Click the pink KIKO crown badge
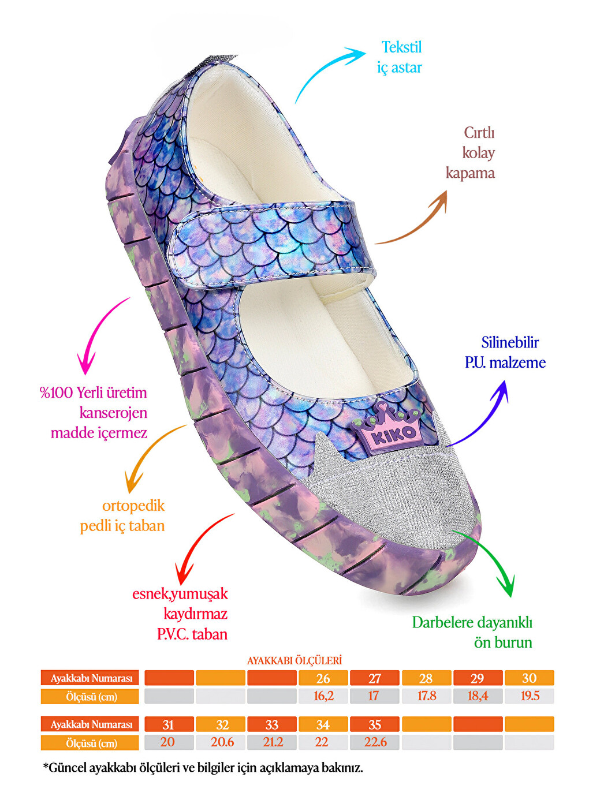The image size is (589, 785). tap(385, 431)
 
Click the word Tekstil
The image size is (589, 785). tap(401, 47)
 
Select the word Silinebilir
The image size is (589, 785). tap(510, 343)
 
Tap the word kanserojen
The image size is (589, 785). tap(113, 413)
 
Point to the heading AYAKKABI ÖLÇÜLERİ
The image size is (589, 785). tap(294, 660)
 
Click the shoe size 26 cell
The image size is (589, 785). tap(323, 678)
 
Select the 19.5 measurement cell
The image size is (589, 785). tap(530, 696)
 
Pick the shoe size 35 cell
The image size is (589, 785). tap(374, 724)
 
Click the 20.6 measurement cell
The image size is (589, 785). tap(221, 742)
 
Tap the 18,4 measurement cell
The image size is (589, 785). tap(478, 696)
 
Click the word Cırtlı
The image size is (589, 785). tap(479, 133)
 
